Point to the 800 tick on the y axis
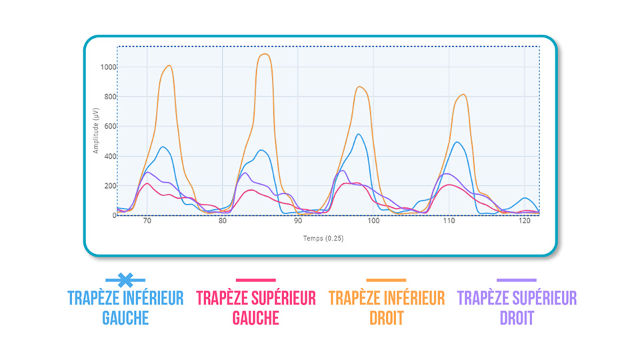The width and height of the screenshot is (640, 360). [x=109, y=97]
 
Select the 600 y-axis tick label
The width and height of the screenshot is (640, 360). [x=109, y=127]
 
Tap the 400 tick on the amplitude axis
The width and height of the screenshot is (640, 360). [x=109, y=156]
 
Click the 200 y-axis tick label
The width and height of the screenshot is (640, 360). [x=109, y=186]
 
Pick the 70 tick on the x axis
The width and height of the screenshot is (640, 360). [x=147, y=221]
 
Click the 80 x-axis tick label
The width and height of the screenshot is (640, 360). [x=223, y=221]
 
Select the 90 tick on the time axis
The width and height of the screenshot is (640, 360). [x=298, y=221]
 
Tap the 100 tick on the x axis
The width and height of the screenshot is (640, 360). [x=373, y=221]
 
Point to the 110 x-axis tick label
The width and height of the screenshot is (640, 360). [x=449, y=221]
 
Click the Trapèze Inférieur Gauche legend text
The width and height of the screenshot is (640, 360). [x=125, y=307]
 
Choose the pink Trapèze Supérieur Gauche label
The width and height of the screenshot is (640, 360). [x=256, y=307]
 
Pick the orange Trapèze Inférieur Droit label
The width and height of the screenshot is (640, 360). [x=387, y=307]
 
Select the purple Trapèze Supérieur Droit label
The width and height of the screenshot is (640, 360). [x=517, y=307]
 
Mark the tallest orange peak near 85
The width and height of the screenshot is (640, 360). [x=265, y=54]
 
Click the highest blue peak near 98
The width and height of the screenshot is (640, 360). [x=359, y=135]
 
